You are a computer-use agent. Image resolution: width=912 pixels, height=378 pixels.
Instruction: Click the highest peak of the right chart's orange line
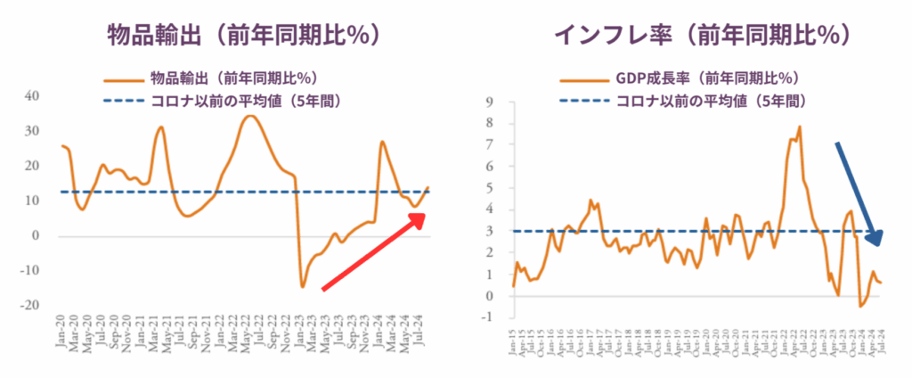point(800,127)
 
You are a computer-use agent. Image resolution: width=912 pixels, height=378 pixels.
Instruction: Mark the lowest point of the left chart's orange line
point(302,286)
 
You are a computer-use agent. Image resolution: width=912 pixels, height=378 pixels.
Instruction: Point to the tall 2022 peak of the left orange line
point(251,116)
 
